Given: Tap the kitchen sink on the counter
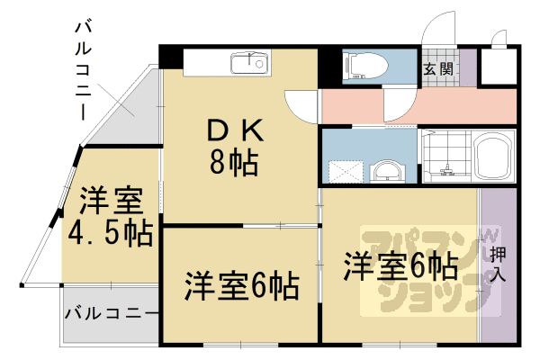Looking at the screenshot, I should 249,63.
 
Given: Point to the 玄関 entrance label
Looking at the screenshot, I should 437,68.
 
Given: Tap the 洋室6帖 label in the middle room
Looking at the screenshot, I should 241,287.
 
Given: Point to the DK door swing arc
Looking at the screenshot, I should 301,108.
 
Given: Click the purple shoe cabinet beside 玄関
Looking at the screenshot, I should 467,68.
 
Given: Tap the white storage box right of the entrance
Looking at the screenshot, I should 498,64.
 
